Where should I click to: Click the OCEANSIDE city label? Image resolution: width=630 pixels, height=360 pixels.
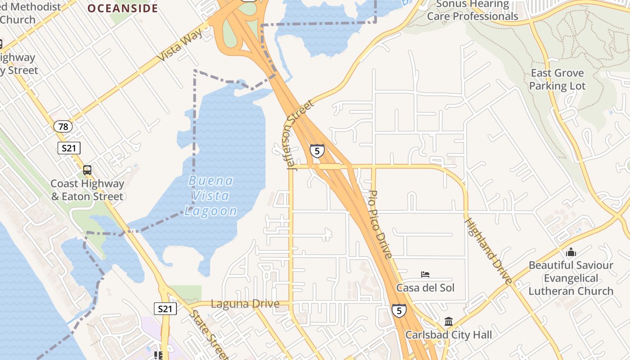[x=122, y=9]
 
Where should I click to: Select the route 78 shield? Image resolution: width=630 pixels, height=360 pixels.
[x=63, y=126]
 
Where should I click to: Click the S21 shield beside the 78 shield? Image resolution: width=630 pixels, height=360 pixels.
[x=69, y=148]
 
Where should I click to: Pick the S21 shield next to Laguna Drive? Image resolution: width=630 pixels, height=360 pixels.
[x=165, y=309]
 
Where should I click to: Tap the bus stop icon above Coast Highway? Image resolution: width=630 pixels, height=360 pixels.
[x=87, y=170]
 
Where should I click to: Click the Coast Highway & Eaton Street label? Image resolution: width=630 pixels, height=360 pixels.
[x=87, y=190]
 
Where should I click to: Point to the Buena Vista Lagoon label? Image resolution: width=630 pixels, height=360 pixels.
[x=211, y=196]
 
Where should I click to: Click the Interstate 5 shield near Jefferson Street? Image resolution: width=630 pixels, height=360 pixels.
[x=317, y=151]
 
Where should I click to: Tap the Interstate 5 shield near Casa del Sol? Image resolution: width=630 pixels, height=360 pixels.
[x=399, y=310]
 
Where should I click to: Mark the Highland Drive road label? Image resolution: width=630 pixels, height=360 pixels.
[x=489, y=251]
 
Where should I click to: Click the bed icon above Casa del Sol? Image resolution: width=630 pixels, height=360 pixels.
[x=425, y=274]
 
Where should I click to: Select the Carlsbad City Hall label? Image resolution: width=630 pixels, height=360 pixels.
[x=449, y=335]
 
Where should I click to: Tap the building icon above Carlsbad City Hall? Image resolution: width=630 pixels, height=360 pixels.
[x=449, y=322]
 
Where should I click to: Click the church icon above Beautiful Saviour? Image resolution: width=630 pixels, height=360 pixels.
[x=571, y=252]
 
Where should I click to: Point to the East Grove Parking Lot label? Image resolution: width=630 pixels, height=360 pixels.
[x=558, y=79]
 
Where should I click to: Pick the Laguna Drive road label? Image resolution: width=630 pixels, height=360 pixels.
[x=245, y=304]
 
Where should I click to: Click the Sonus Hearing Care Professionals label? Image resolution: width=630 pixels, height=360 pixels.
[x=472, y=10]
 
